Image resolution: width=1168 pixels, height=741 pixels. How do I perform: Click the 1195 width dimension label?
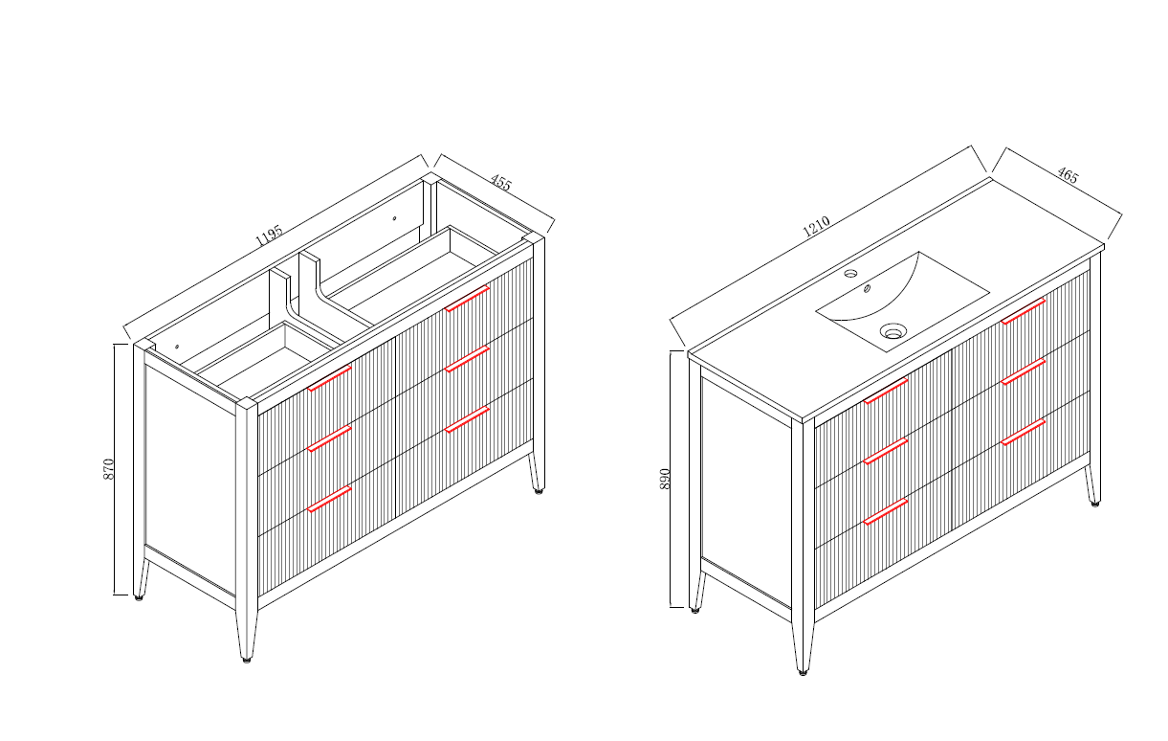coord(269,236)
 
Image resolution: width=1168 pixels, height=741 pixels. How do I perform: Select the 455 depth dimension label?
coord(500,183)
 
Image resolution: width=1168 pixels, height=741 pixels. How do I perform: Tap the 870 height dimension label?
coord(108,469)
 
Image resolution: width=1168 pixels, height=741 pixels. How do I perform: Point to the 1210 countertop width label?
coord(816,227)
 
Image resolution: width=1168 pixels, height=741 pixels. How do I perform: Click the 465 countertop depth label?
coord(1068,175)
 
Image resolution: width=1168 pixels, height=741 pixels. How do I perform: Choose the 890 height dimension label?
coord(665,479)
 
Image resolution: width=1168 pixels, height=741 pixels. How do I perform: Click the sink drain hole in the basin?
coord(893,331)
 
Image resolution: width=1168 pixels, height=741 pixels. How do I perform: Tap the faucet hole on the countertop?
coord(850,273)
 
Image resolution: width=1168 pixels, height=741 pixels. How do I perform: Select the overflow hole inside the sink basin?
coord(867,288)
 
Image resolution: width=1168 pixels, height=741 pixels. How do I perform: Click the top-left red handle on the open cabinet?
coord(329,378)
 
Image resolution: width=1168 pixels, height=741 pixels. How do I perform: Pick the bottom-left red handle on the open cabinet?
coord(329,499)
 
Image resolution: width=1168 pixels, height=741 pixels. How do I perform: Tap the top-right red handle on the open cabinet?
coord(467,299)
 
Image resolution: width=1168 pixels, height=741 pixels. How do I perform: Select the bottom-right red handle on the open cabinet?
coord(467,419)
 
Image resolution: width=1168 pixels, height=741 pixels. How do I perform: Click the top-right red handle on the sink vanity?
coord(1023,311)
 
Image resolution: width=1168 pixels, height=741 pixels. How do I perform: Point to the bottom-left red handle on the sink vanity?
coord(886,512)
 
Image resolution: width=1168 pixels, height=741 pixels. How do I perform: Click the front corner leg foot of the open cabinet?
coord(247,660)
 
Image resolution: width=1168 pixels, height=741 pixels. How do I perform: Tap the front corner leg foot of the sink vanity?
coord(803,672)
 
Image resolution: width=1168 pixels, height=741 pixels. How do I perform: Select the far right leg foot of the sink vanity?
coord(1095,504)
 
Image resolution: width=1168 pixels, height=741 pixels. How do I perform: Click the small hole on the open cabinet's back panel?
coord(395,218)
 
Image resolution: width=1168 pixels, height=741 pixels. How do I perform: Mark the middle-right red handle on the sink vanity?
coord(1023,371)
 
